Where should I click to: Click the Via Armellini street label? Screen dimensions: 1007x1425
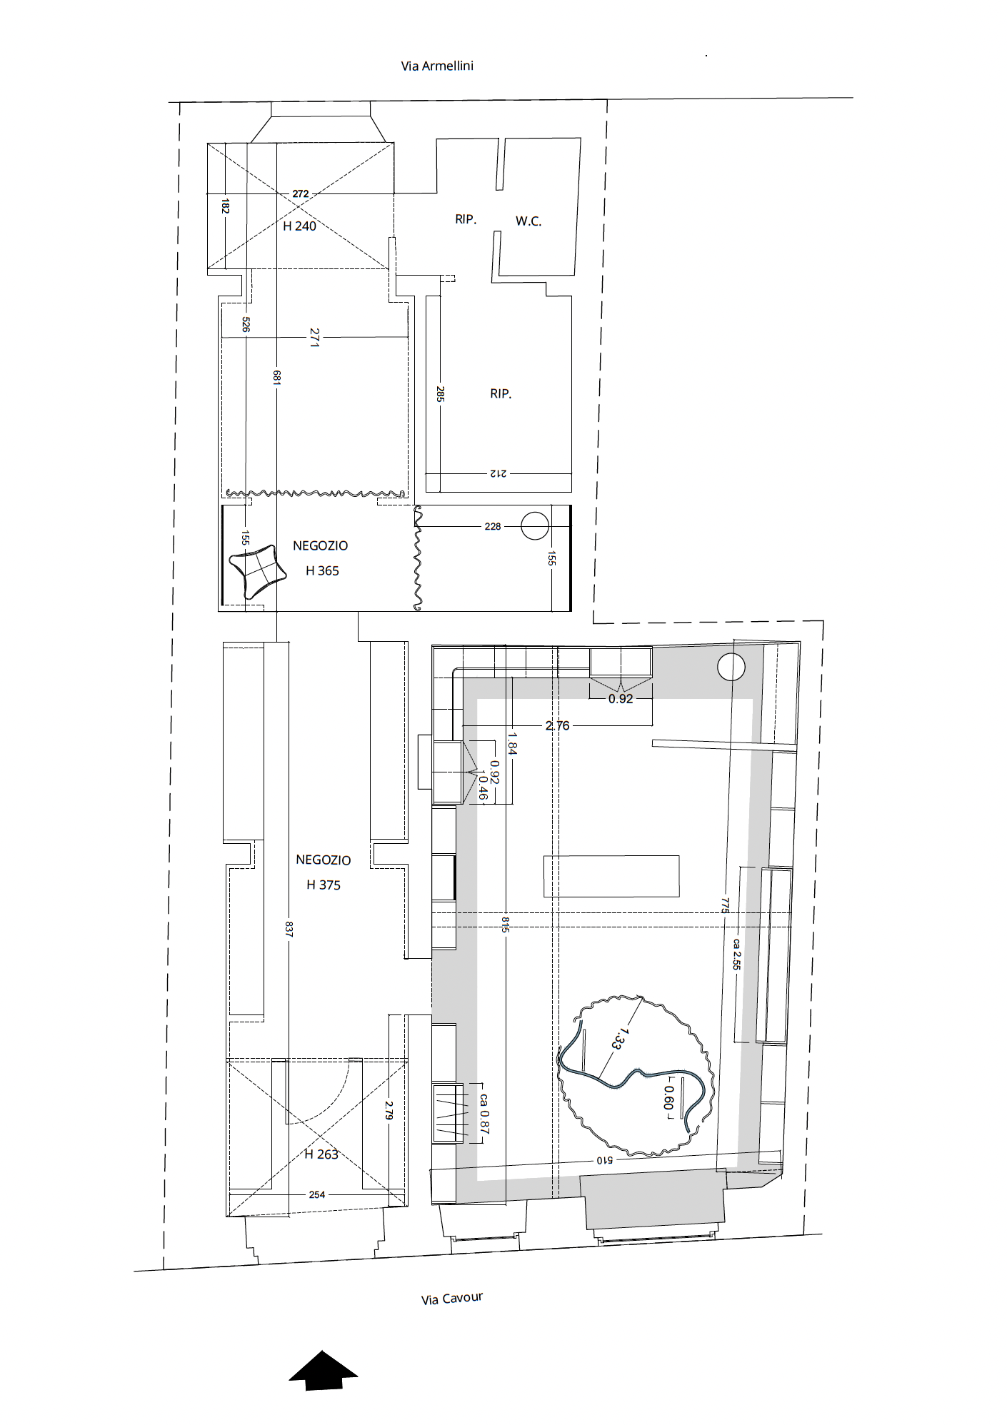[437, 66]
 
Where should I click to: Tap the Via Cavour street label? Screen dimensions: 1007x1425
[452, 1298]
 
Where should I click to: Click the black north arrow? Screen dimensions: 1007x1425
[324, 1370]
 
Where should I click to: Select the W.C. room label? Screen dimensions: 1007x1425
[528, 221]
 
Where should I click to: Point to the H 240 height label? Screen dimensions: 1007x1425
[299, 226]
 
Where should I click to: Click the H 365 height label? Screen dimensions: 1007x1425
[322, 571]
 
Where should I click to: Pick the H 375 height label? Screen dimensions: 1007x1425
[324, 885]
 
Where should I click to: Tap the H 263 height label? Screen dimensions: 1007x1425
[321, 1154]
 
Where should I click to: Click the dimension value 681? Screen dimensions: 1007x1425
[277, 378]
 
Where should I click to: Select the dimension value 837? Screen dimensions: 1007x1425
[289, 929]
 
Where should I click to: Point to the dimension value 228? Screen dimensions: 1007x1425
[493, 527]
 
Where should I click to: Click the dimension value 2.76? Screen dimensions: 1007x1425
[558, 726]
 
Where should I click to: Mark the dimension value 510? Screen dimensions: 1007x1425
[605, 1160]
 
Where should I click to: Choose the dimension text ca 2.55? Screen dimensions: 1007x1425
[736, 954]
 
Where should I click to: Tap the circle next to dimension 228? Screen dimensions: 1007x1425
[535, 526]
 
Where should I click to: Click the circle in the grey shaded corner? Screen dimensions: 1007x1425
[731, 668]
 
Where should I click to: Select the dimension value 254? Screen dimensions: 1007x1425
[317, 1194]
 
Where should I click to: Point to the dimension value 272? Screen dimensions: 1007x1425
[301, 193]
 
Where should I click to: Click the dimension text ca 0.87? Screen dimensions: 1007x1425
[484, 1114]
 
